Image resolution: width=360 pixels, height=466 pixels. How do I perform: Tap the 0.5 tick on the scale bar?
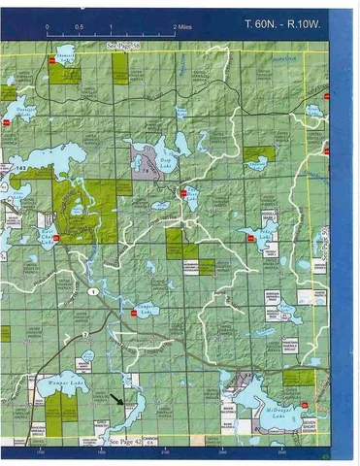coord(79,27)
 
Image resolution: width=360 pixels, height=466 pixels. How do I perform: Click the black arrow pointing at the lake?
coord(118,398)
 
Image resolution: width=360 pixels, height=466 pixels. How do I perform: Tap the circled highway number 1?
coord(93,292)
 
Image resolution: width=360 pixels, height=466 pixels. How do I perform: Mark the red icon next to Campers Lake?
coord(132,314)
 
